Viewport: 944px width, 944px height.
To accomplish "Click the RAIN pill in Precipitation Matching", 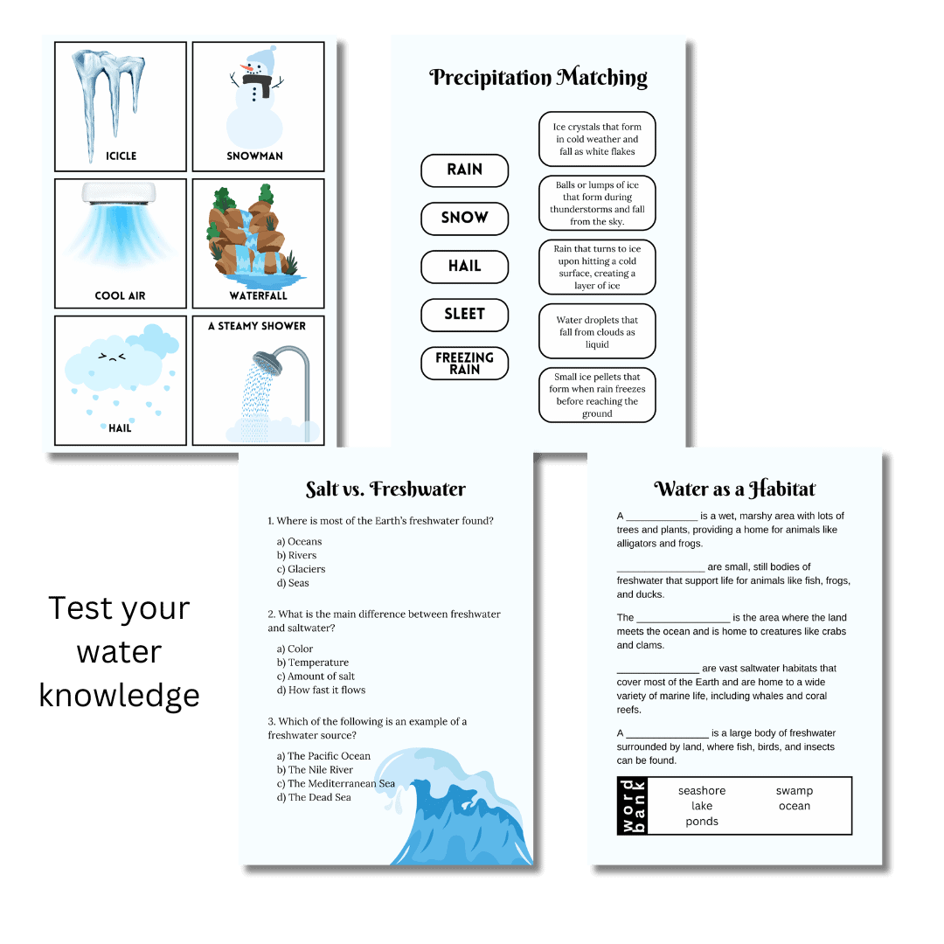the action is [x=464, y=170].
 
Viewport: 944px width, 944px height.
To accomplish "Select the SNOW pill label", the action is [x=464, y=219].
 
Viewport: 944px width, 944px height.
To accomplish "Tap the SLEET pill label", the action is [x=464, y=315].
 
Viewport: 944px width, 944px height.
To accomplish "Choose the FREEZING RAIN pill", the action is [x=464, y=363].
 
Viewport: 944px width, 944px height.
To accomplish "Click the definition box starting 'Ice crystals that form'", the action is [x=597, y=139].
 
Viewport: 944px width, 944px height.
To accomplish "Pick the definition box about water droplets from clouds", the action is [x=597, y=331].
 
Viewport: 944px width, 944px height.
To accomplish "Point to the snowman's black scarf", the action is [x=256, y=82].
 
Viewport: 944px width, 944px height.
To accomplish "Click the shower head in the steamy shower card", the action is [x=268, y=363].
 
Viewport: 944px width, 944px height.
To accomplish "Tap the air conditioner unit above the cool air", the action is [x=119, y=193].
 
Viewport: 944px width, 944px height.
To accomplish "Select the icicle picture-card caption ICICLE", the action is [x=121, y=156].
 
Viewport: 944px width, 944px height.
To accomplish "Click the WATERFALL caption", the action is [x=258, y=295].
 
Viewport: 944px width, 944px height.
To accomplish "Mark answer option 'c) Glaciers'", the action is [x=301, y=569].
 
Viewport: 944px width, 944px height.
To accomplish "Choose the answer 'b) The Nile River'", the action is [x=315, y=769].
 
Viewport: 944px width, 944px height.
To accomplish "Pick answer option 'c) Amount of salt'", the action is [x=316, y=676].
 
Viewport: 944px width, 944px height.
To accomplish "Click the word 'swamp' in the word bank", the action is [x=794, y=791].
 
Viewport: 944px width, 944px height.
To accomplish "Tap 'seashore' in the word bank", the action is [x=701, y=790].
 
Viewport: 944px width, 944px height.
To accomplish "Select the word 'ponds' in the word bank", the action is [x=701, y=822].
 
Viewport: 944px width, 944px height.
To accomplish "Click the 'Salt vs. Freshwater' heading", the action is [x=385, y=489].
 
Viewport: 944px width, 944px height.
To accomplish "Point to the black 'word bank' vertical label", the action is [x=632, y=806].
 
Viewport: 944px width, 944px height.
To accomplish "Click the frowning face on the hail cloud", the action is [x=111, y=357].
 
